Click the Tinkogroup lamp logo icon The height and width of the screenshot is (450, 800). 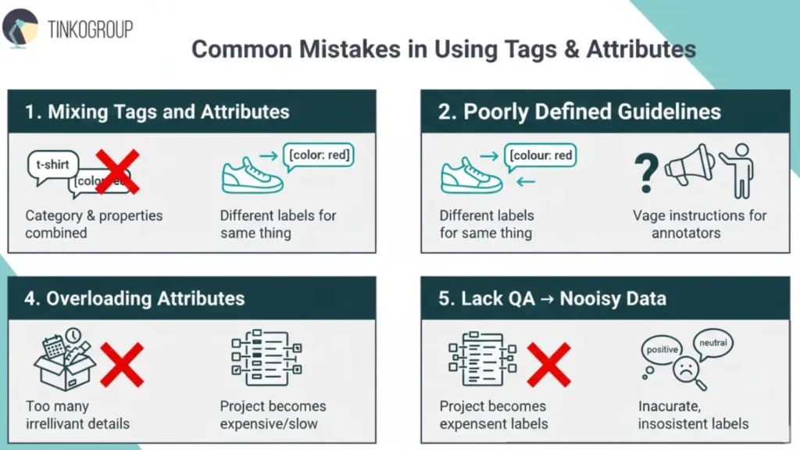click(x=20, y=28)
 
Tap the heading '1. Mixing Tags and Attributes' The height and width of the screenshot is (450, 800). click(x=157, y=112)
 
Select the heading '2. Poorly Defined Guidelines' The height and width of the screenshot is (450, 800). click(x=580, y=112)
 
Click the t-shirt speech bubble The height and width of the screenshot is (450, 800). click(x=52, y=165)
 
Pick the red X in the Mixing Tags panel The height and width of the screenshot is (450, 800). click(x=116, y=171)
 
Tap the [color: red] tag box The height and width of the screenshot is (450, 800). click(x=318, y=155)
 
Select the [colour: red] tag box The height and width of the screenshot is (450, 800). click(x=541, y=155)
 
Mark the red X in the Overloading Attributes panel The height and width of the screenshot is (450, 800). click(x=122, y=364)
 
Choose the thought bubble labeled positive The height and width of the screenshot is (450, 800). click(x=662, y=351)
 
